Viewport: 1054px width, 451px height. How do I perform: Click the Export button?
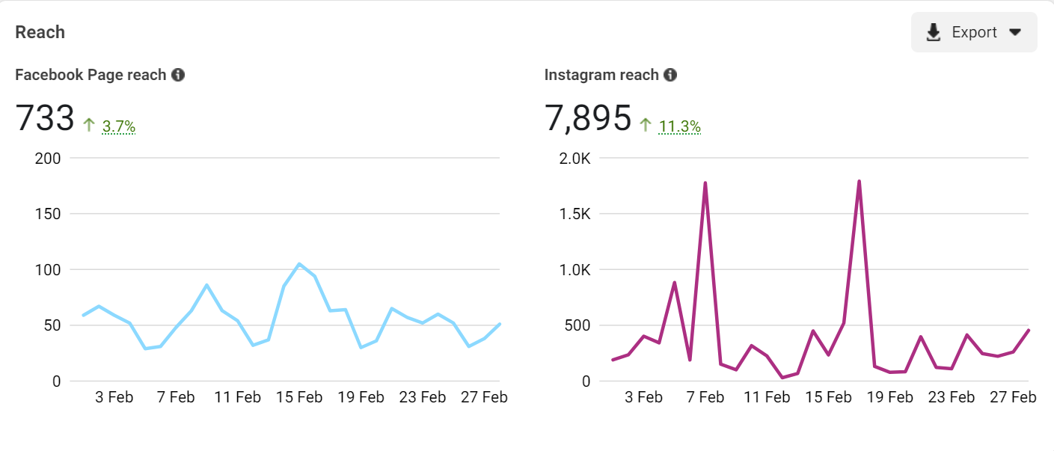click(973, 32)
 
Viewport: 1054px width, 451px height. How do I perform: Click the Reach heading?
click(40, 32)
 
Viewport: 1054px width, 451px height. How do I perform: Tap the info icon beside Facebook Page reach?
click(178, 75)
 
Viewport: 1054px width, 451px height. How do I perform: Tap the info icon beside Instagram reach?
click(670, 75)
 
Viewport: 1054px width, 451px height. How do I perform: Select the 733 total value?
click(45, 119)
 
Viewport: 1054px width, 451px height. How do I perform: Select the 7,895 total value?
click(588, 119)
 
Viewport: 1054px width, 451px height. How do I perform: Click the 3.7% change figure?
click(119, 126)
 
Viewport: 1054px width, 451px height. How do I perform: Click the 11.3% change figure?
click(679, 126)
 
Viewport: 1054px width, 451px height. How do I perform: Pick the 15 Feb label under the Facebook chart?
click(299, 397)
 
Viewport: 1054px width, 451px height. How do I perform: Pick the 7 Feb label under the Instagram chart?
click(705, 397)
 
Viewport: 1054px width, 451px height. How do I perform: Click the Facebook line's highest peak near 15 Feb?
click(299, 264)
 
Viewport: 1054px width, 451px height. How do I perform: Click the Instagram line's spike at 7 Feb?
click(705, 182)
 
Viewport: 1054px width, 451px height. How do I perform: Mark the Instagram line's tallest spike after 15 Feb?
click(859, 181)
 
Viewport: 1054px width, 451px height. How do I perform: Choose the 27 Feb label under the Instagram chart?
click(1013, 397)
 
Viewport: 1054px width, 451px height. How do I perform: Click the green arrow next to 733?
click(89, 125)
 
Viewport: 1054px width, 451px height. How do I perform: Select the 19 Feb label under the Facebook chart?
click(361, 397)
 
